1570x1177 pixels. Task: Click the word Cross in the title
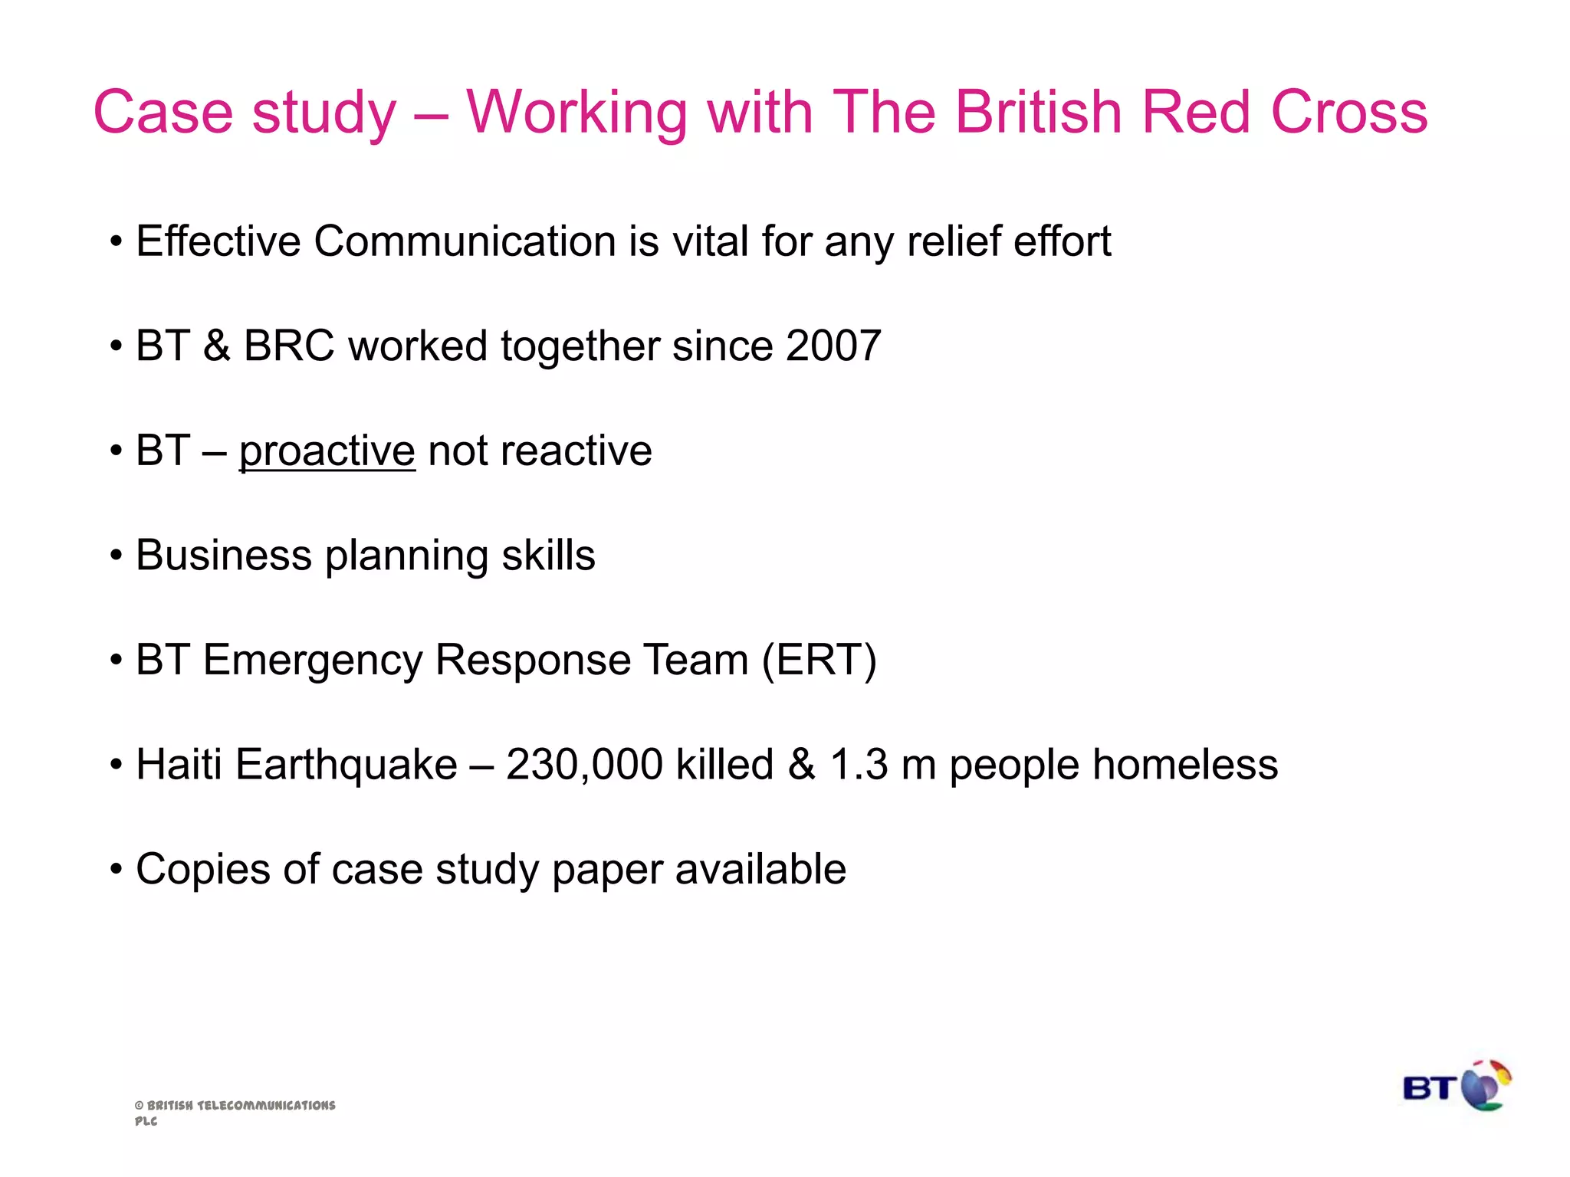[1349, 112]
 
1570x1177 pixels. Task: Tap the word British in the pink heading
[1039, 112]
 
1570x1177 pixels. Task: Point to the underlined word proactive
[327, 451]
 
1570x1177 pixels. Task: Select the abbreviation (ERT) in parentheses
[819, 661]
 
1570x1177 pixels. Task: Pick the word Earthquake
[347, 765]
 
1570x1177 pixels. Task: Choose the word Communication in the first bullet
[465, 242]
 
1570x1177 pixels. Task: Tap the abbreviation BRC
[289, 346]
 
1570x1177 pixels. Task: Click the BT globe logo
[1457, 1086]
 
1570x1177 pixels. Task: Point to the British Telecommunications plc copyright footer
[235, 1112]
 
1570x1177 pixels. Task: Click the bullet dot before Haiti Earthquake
[116, 766]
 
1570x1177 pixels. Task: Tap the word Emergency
[313, 661]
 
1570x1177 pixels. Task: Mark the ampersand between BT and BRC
[217, 346]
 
